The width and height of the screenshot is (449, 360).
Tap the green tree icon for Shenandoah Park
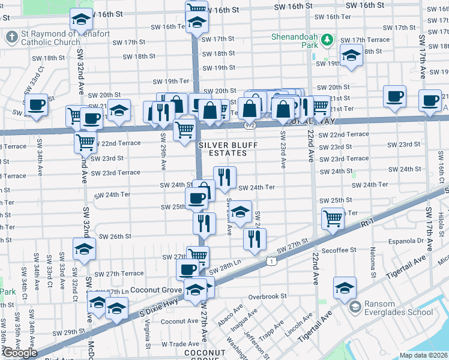(x=327, y=40)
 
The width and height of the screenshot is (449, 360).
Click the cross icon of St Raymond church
(x=11, y=37)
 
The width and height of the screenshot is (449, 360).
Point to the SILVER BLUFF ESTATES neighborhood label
(x=223, y=149)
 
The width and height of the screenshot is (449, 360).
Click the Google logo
(x=20, y=353)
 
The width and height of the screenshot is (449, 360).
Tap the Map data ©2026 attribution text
(x=424, y=355)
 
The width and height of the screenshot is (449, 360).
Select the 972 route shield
(x=250, y=125)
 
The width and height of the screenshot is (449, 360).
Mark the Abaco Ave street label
(x=230, y=316)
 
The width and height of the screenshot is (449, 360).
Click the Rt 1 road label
(x=367, y=223)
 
